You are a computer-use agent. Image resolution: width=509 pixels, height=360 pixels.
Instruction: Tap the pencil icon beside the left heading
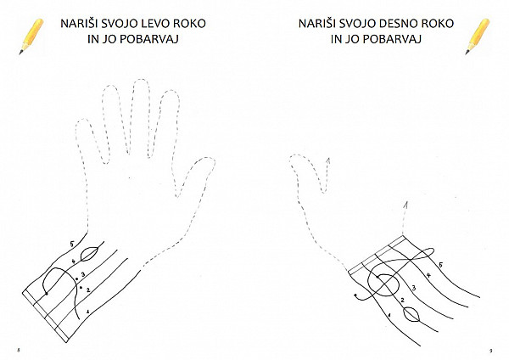31,37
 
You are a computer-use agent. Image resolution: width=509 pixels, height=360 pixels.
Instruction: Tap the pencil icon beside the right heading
477,37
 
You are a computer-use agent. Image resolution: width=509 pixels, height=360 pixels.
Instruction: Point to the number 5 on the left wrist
72,244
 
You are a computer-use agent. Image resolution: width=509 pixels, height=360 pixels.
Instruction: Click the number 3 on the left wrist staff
83,275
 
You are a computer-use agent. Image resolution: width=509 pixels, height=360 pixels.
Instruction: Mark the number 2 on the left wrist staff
87,290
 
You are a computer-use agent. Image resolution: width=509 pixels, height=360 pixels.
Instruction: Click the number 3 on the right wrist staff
414,288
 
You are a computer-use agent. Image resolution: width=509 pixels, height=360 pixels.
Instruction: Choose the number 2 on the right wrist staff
402,300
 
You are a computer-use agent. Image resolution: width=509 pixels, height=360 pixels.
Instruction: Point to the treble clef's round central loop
383,274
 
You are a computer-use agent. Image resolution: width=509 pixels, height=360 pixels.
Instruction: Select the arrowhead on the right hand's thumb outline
328,160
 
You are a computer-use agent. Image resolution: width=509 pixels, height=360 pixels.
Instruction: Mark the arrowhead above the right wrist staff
406,205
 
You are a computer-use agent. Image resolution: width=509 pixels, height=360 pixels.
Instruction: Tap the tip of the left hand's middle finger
141,79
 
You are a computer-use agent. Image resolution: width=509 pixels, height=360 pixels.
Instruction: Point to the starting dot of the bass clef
47,294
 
